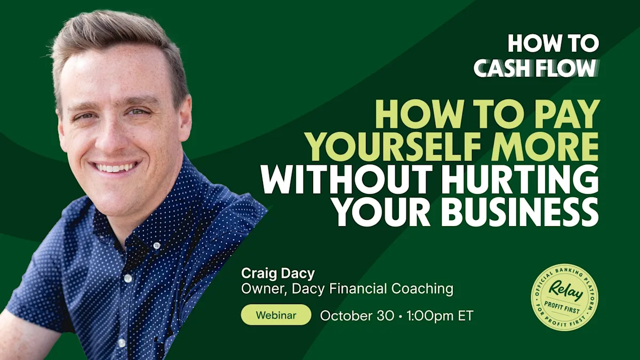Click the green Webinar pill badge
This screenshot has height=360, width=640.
276,315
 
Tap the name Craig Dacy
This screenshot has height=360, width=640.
278,274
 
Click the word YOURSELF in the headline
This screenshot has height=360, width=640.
396,146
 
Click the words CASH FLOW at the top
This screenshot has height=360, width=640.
535,68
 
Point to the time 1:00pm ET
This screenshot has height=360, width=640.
439,315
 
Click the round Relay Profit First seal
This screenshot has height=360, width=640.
564,297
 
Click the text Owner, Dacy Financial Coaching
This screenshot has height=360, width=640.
347,290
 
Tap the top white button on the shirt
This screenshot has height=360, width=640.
156,246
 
